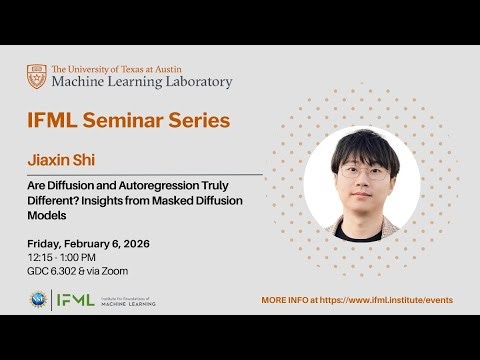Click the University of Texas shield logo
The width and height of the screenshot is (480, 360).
[x=36, y=76]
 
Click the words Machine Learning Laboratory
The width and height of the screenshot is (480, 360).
[x=141, y=82]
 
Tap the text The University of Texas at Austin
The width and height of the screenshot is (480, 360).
[x=127, y=68]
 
